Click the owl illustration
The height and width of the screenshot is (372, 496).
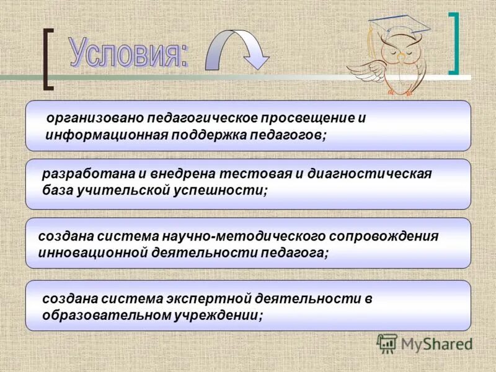391,59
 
